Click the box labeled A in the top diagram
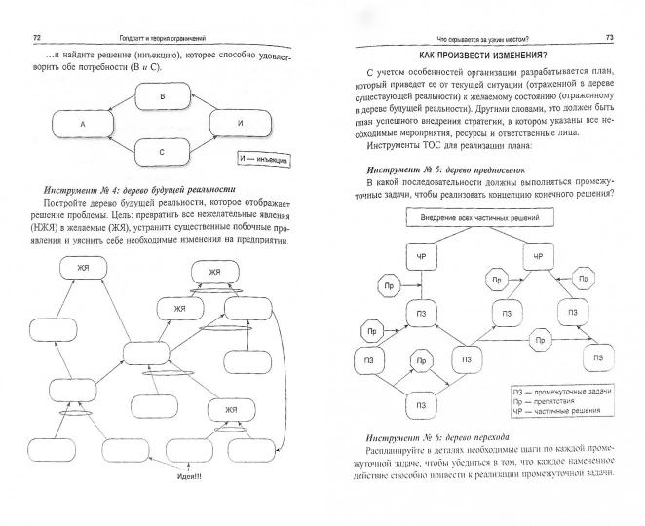pos(84,125)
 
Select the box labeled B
pos(163,98)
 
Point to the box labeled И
pos(240,125)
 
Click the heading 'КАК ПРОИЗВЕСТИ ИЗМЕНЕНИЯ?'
pos(481,57)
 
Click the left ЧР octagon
pos(419,257)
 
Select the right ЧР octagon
pos(538,257)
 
